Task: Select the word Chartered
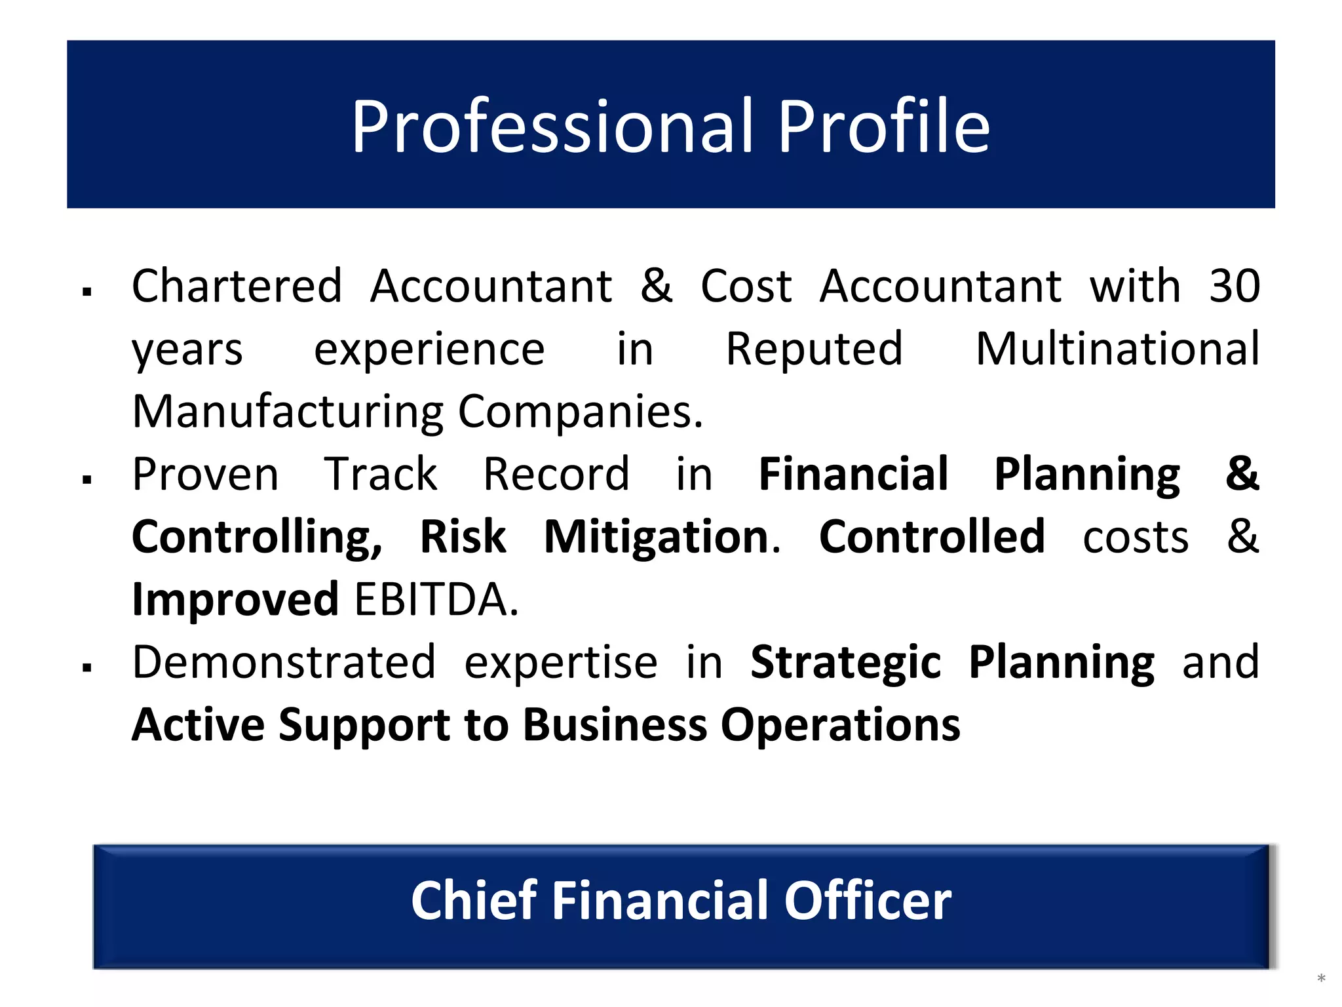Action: coord(237,286)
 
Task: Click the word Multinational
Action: coord(1117,348)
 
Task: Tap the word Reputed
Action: coord(815,348)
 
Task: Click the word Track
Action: coord(381,473)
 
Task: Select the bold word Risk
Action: coord(463,536)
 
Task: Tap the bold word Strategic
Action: coord(845,663)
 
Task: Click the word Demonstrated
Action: coord(284,661)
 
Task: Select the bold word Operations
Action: coord(841,726)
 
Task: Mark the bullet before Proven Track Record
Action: coord(86,479)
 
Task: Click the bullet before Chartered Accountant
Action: coord(86,292)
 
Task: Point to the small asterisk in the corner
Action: coord(1321,979)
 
